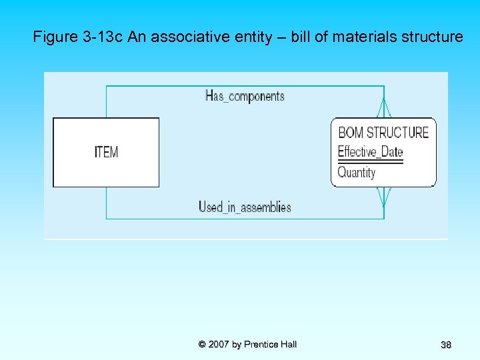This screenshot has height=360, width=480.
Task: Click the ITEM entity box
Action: tap(106, 152)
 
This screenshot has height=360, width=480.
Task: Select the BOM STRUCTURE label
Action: tap(383, 132)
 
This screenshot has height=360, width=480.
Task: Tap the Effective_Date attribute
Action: tap(370, 151)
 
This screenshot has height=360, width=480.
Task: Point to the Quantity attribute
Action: tap(357, 173)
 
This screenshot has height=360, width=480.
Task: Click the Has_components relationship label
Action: tap(245, 96)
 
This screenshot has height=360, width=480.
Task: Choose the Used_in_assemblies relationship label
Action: tap(245, 207)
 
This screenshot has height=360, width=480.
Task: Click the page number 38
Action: tap(446, 345)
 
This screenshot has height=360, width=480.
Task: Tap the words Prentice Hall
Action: tap(270, 344)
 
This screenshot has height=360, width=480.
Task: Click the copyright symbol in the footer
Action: tap(202, 344)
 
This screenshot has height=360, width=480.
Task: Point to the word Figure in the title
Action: tap(55, 37)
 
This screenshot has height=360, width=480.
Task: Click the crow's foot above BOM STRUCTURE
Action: tap(383, 109)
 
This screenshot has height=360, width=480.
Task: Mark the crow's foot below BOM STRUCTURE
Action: tap(383, 196)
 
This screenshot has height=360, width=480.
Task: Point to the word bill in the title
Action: tap(300, 37)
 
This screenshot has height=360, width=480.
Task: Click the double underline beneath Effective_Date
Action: tap(370, 161)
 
